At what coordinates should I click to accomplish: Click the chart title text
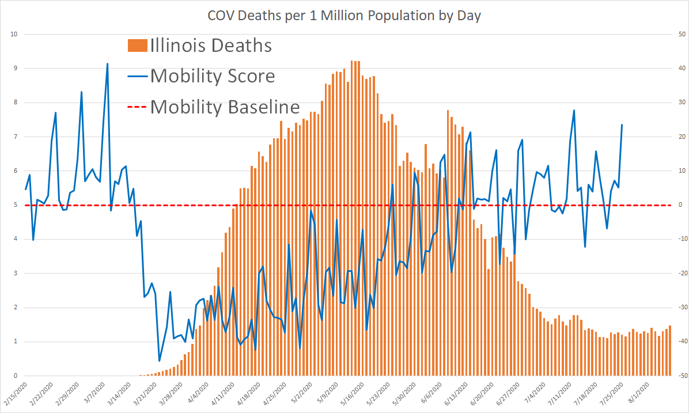pos(344,16)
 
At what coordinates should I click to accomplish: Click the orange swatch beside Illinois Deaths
pos(137,46)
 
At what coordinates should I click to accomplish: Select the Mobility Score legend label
pos(213,76)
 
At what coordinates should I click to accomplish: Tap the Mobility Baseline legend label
pos(225,107)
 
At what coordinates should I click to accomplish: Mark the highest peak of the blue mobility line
pos(107,64)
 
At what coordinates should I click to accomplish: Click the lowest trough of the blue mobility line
pos(160,361)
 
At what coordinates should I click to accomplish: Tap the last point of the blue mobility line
pos(622,125)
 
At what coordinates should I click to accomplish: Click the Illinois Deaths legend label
pos(211,46)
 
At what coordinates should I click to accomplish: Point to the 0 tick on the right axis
pos(680,205)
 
